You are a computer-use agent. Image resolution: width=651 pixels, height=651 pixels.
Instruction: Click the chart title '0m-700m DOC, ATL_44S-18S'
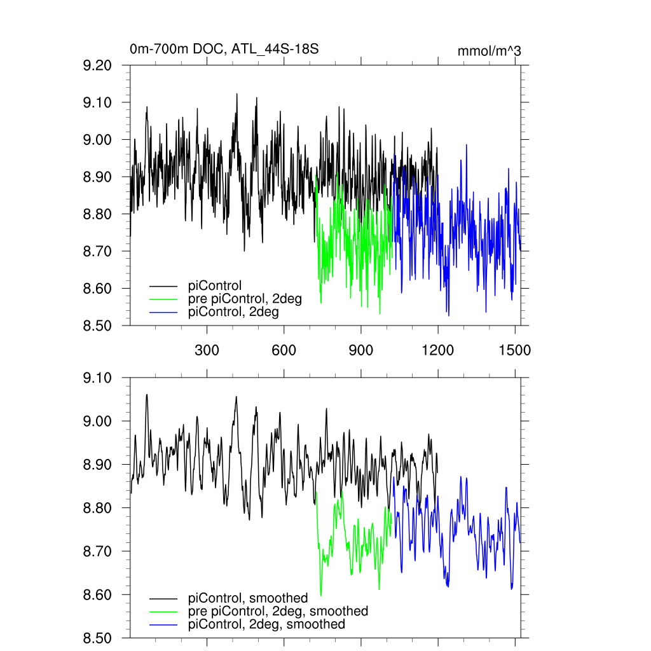224,49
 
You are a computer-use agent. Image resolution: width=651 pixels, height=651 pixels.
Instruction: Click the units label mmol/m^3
489,51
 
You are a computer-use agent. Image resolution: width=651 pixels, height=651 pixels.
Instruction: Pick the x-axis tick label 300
207,350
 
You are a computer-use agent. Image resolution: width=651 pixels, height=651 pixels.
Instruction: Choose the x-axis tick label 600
284,350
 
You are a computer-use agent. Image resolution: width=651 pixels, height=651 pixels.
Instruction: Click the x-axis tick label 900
360,350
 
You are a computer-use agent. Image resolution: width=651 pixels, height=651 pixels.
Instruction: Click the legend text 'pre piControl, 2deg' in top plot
245,299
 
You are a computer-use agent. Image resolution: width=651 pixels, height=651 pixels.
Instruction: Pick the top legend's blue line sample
163,313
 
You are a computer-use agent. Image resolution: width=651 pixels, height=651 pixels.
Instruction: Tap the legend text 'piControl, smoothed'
248,598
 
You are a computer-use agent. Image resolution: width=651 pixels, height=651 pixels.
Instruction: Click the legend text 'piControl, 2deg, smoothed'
266,625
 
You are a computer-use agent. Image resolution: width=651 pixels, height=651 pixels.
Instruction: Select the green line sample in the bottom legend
163,612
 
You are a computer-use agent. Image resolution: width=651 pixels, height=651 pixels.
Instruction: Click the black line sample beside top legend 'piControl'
163,285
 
